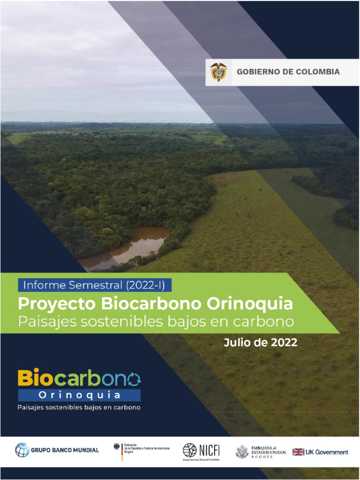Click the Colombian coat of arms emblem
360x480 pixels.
pyautogui.click(x=218, y=72)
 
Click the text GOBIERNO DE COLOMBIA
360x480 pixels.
pyautogui.click(x=288, y=72)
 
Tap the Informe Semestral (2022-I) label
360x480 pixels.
pyautogui.click(x=94, y=284)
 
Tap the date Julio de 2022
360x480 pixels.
pyautogui.click(x=260, y=343)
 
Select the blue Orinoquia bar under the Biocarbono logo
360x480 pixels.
pyautogui.click(x=79, y=395)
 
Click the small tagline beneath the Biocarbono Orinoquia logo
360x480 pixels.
pyautogui.click(x=79, y=407)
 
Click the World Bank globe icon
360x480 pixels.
pyautogui.click(x=22, y=450)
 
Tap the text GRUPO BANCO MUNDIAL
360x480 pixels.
pyautogui.click(x=65, y=450)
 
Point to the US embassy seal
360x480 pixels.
pyautogui.click(x=242, y=452)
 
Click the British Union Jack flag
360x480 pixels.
pyautogui.click(x=298, y=452)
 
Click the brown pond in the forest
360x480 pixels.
pyautogui.click(x=136, y=244)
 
